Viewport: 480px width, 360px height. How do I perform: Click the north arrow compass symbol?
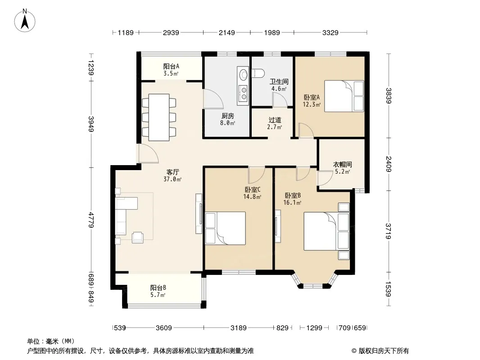tap(25, 21)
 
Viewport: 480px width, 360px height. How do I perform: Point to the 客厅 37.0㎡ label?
tap(172, 175)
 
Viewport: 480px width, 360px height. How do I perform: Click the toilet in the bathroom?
tap(258, 73)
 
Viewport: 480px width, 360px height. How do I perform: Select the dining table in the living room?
tap(159, 117)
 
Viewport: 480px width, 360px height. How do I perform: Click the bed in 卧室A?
tap(344, 96)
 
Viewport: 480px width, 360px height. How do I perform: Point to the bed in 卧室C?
tap(225, 228)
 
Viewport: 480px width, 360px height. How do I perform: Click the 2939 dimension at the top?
tap(171, 32)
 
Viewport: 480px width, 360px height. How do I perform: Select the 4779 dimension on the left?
tap(91, 220)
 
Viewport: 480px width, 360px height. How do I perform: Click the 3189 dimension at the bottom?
tap(239, 328)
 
